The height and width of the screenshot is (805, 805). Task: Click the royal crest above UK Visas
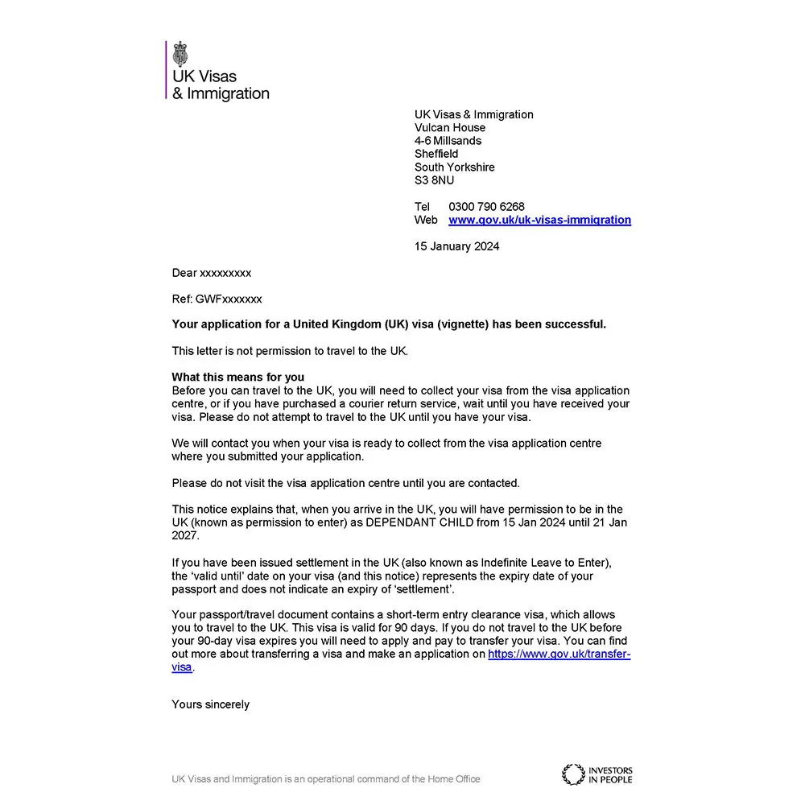click(180, 54)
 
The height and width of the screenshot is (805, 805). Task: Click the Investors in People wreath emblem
click(573, 774)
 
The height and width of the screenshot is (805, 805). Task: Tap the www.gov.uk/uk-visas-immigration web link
click(539, 220)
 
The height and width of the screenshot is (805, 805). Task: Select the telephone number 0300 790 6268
click(486, 207)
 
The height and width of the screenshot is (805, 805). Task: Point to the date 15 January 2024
click(456, 246)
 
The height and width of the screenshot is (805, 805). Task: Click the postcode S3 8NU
click(434, 180)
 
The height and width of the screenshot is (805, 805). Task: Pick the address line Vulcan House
click(450, 127)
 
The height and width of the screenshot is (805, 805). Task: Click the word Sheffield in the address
click(436, 154)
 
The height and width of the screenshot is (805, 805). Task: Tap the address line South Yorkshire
click(454, 167)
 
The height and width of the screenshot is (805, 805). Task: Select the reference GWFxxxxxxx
click(229, 299)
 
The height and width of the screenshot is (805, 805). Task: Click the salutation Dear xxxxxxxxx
click(211, 273)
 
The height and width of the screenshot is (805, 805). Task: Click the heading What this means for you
click(238, 377)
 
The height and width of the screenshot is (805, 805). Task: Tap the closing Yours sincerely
click(210, 704)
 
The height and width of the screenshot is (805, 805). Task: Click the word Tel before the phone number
click(423, 207)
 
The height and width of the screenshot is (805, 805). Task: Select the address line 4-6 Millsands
click(448, 141)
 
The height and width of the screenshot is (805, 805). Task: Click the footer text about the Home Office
click(325, 778)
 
